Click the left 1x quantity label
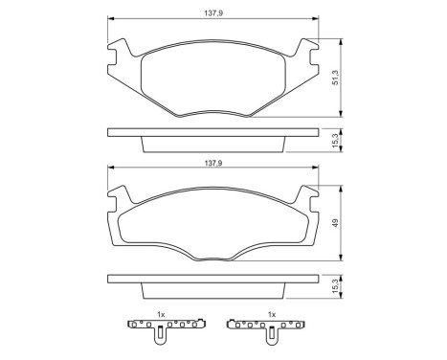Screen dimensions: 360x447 pos(162,314)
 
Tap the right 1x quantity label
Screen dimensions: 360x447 pos(271,314)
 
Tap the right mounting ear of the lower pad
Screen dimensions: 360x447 pos(308,195)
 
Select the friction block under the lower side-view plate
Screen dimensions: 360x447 pos(213,290)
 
